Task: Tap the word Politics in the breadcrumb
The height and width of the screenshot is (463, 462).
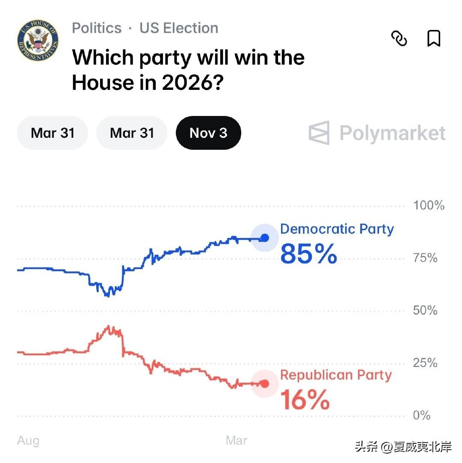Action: (x=97, y=28)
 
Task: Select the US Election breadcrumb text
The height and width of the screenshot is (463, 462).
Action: (x=179, y=28)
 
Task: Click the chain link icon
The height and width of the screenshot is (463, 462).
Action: (x=399, y=39)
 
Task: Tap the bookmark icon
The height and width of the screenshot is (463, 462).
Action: (x=434, y=39)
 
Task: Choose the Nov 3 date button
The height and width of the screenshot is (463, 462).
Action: (x=208, y=133)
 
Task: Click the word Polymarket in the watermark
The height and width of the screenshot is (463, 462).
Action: (x=392, y=133)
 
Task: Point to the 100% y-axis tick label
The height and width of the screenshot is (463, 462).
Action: (x=429, y=205)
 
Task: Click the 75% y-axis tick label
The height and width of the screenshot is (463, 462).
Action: (x=425, y=258)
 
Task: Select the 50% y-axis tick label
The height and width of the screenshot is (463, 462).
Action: (x=425, y=311)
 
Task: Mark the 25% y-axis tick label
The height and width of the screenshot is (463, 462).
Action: (x=425, y=363)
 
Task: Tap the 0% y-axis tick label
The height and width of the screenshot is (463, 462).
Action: (x=422, y=416)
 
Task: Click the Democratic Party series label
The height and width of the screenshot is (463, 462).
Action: (x=337, y=229)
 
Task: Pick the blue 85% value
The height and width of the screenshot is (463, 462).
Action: (x=308, y=253)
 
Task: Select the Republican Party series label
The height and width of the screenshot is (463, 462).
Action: (x=336, y=375)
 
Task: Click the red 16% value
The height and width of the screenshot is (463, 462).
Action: (x=305, y=400)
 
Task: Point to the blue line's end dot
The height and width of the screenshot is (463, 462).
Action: (x=264, y=238)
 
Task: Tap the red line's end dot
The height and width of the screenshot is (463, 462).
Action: (x=264, y=383)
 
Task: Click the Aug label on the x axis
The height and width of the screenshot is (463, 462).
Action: (x=28, y=441)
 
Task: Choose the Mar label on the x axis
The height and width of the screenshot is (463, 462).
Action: (x=237, y=441)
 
